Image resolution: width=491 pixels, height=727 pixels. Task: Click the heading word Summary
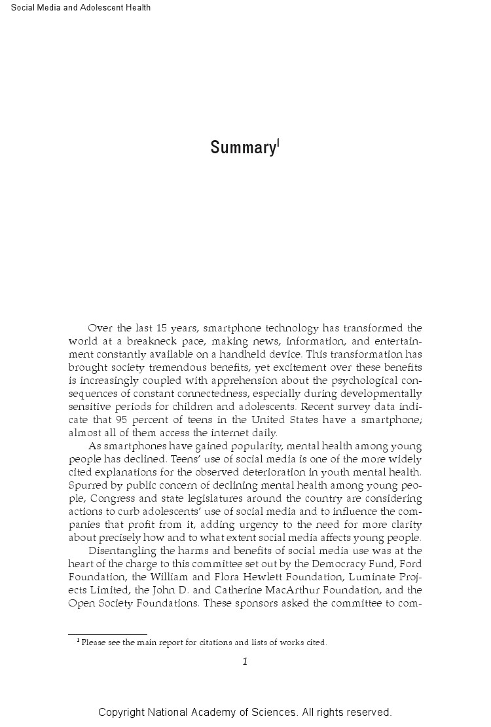pos(242,148)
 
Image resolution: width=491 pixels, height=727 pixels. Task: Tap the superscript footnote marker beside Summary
pos(278,142)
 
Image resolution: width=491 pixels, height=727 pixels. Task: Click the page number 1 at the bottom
pos(245,662)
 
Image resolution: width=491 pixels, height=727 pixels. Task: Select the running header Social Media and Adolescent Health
pos(81,8)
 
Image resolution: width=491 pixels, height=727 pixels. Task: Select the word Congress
pos(111,498)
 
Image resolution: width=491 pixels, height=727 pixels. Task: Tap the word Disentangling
pos(120,551)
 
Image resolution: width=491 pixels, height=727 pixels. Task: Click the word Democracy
pos(319,564)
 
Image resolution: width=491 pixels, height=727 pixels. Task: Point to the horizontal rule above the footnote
pos(107,634)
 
